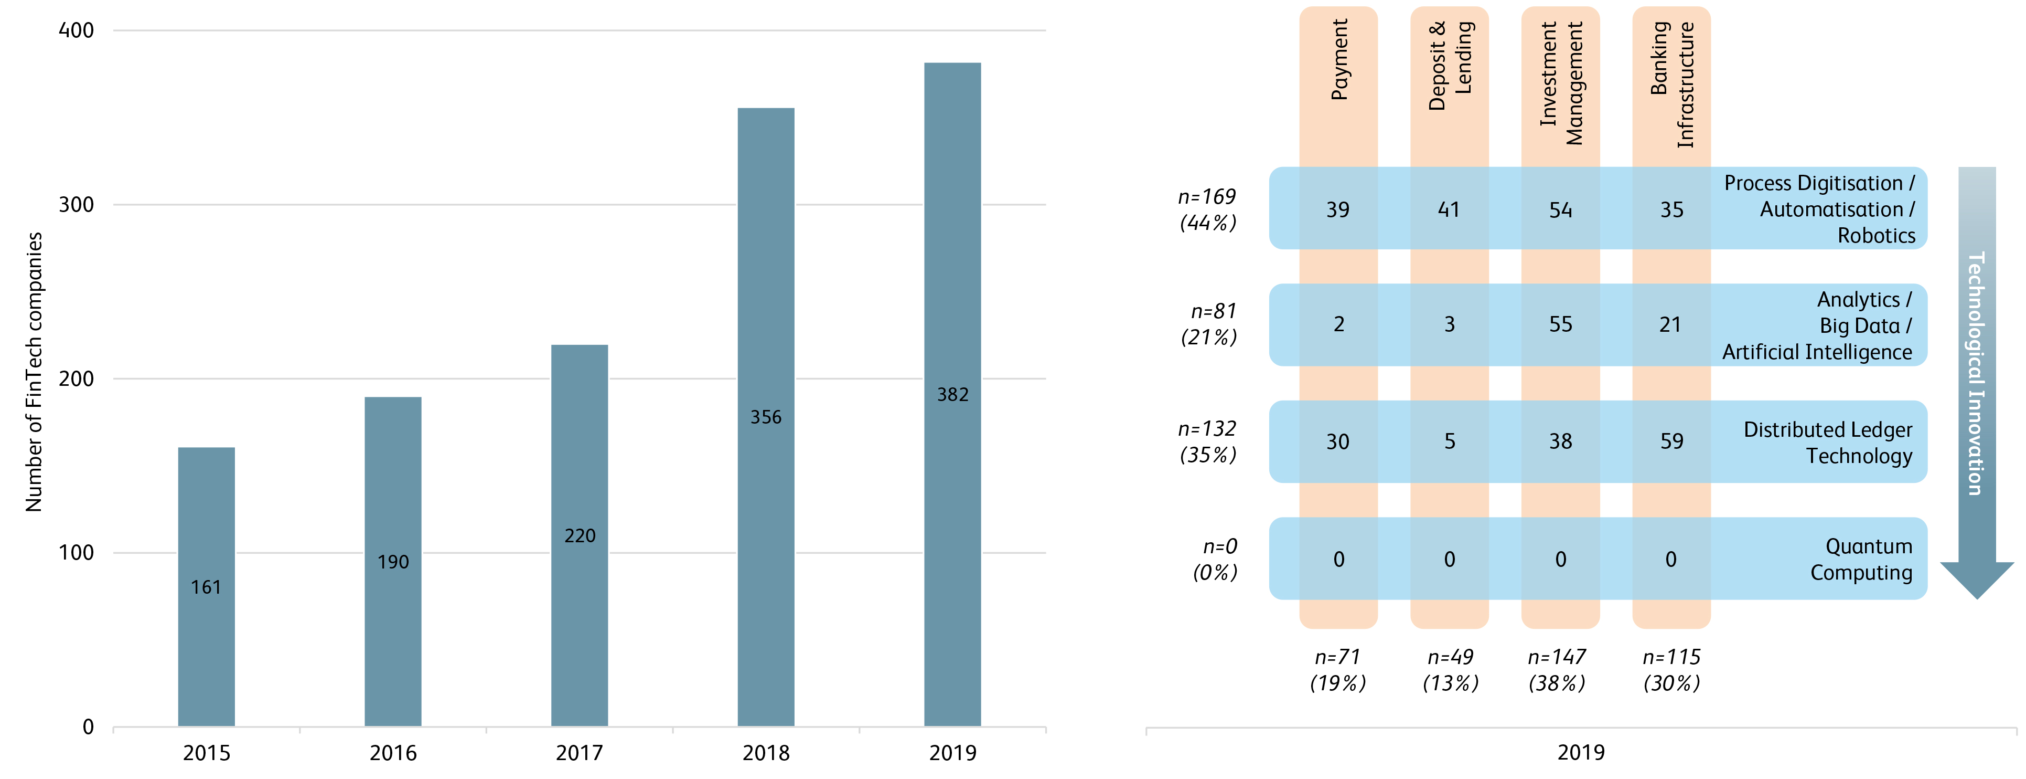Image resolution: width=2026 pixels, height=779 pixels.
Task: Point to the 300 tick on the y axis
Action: tap(76, 205)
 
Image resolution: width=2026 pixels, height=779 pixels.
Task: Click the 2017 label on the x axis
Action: tap(580, 753)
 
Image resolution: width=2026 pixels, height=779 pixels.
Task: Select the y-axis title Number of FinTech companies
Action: tap(34, 372)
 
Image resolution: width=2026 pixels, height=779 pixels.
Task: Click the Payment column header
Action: tap(1338, 60)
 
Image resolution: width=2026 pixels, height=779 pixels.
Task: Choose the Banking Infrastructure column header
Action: tap(1671, 83)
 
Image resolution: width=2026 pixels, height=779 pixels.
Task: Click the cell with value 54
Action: tap(1560, 209)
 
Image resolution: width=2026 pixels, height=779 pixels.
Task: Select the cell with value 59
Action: tap(1671, 441)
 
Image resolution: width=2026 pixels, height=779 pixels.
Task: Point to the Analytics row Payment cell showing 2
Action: tap(1338, 324)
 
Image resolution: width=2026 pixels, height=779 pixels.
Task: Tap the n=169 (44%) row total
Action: tap(1207, 209)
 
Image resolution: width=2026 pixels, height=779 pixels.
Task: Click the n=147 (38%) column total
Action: tap(1557, 670)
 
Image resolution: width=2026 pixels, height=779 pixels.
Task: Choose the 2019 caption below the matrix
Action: tap(1581, 752)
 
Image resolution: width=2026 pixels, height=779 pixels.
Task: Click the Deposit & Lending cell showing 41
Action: tap(1449, 209)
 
